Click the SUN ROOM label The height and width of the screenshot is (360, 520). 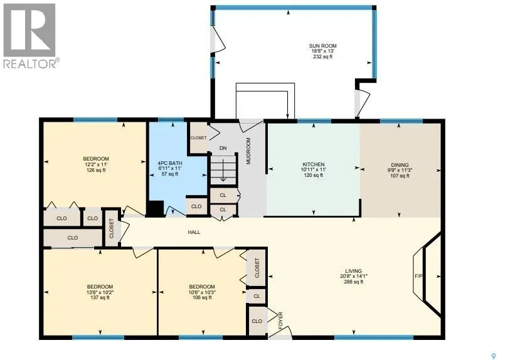[322, 46]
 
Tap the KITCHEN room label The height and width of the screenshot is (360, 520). [314, 164]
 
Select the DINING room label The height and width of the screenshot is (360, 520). [400, 165]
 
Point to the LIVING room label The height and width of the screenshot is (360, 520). [353, 271]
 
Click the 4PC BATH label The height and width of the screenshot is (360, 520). [170, 163]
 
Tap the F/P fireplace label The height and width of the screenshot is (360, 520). [419, 276]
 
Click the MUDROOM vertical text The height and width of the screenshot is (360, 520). [248, 151]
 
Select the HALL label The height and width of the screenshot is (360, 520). [194, 232]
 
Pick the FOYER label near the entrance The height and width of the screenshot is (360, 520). [280, 320]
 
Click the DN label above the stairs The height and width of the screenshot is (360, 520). [223, 148]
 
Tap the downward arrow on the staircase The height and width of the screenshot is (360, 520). [223, 170]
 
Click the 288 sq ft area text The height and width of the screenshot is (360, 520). [353, 282]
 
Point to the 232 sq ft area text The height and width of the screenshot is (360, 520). [322, 56]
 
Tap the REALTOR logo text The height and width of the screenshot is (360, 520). [31, 63]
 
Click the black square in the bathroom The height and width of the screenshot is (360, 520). [156, 208]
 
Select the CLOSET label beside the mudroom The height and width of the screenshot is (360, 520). [198, 137]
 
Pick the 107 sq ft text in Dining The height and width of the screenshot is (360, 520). [400, 176]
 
